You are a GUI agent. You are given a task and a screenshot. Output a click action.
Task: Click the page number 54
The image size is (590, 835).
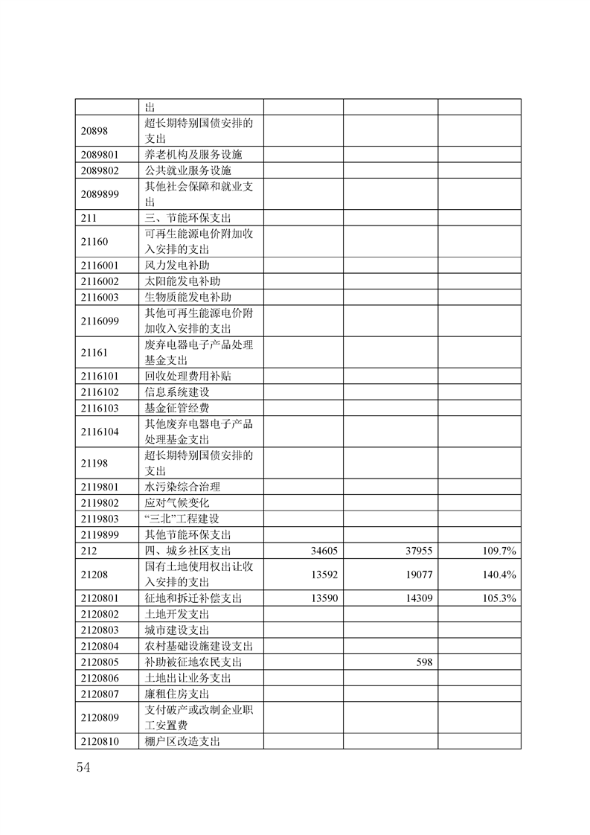[x=83, y=767]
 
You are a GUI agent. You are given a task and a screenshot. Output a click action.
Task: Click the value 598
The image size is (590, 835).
[x=423, y=662]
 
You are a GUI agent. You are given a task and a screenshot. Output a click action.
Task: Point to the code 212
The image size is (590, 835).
[x=89, y=551]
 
